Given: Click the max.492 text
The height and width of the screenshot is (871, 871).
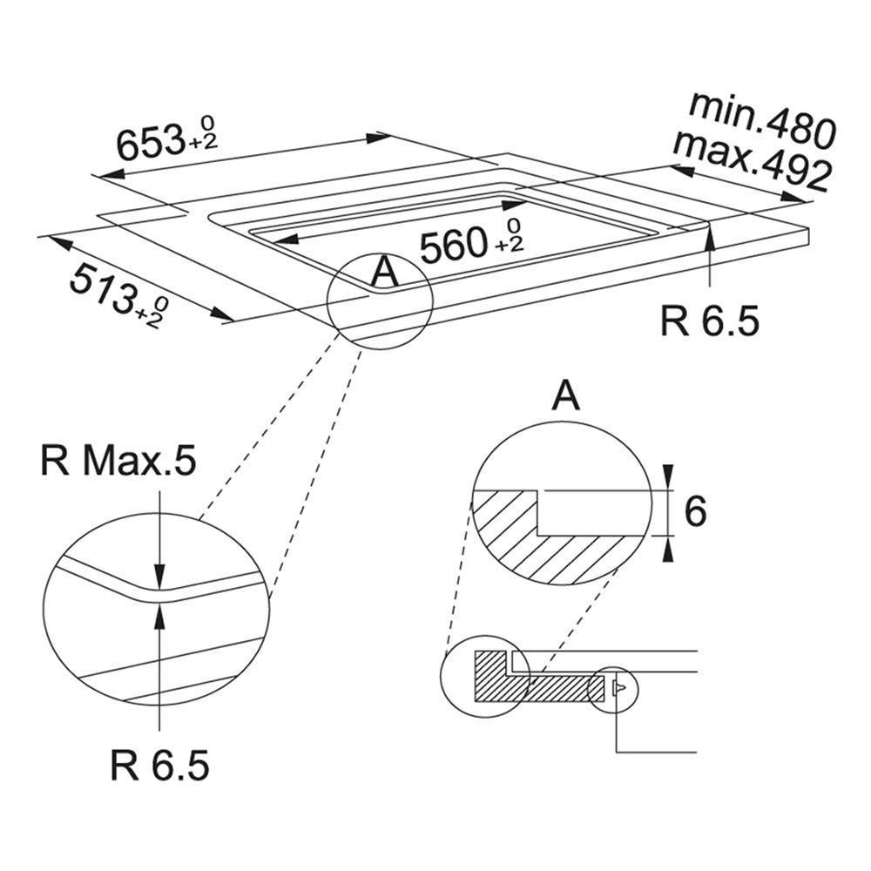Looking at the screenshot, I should tap(751, 163).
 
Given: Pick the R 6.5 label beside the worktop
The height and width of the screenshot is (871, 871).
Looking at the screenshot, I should tap(710, 321).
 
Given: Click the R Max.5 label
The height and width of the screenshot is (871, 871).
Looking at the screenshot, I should tap(118, 463).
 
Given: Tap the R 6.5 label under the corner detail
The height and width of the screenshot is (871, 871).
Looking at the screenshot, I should tap(160, 766).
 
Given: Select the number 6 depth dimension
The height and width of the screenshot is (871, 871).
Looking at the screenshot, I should tap(694, 512).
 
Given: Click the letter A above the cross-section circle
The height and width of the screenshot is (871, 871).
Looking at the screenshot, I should tap(567, 397).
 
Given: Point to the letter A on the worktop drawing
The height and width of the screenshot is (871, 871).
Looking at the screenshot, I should tap(384, 273).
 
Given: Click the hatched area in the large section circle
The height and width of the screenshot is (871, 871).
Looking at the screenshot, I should tap(531, 540).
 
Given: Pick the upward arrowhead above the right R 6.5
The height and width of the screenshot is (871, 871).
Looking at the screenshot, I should tap(711, 233).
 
